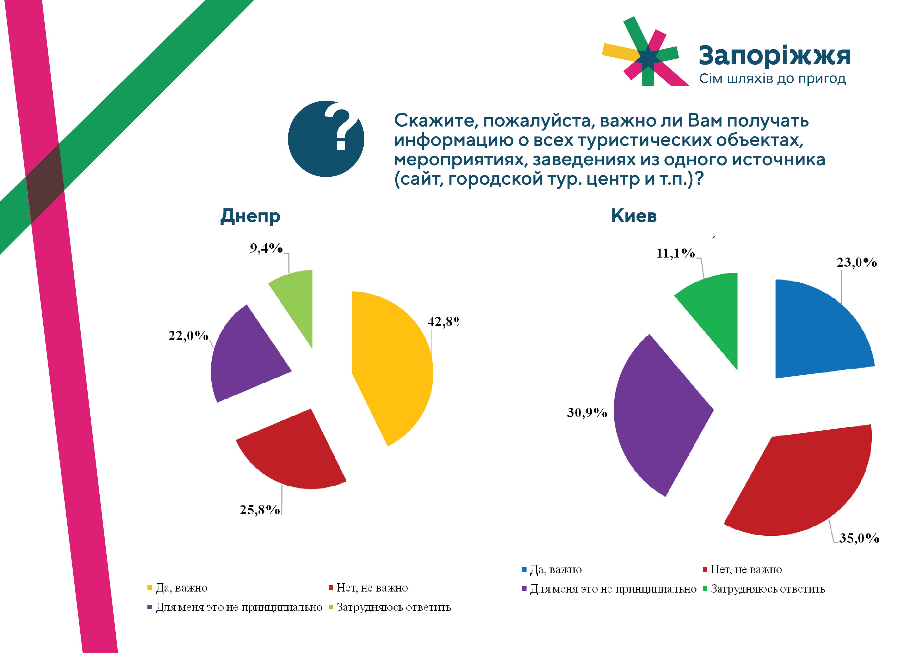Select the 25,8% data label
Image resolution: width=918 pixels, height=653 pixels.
(x=260, y=510)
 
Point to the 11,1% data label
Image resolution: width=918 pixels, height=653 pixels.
(x=676, y=253)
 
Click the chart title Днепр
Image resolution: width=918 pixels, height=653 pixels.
(x=250, y=216)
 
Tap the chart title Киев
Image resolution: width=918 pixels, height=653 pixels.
(x=634, y=216)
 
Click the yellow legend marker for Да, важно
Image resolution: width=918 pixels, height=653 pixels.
(x=150, y=588)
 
